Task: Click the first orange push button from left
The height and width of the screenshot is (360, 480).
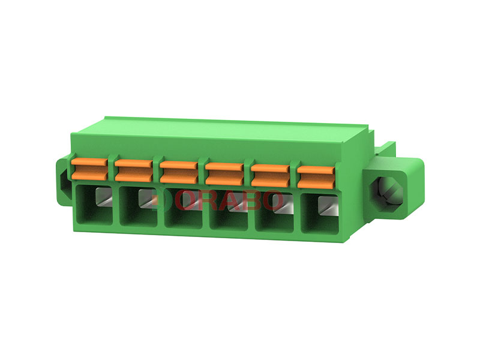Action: coord(89,169)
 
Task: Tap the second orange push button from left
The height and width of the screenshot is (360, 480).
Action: coord(134,170)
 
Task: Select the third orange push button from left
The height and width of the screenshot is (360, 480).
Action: coord(179,172)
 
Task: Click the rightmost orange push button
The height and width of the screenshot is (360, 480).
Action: coord(316,177)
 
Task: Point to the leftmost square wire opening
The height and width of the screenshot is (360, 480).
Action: coord(94,205)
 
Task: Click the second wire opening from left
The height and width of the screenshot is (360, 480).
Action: coord(139,206)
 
